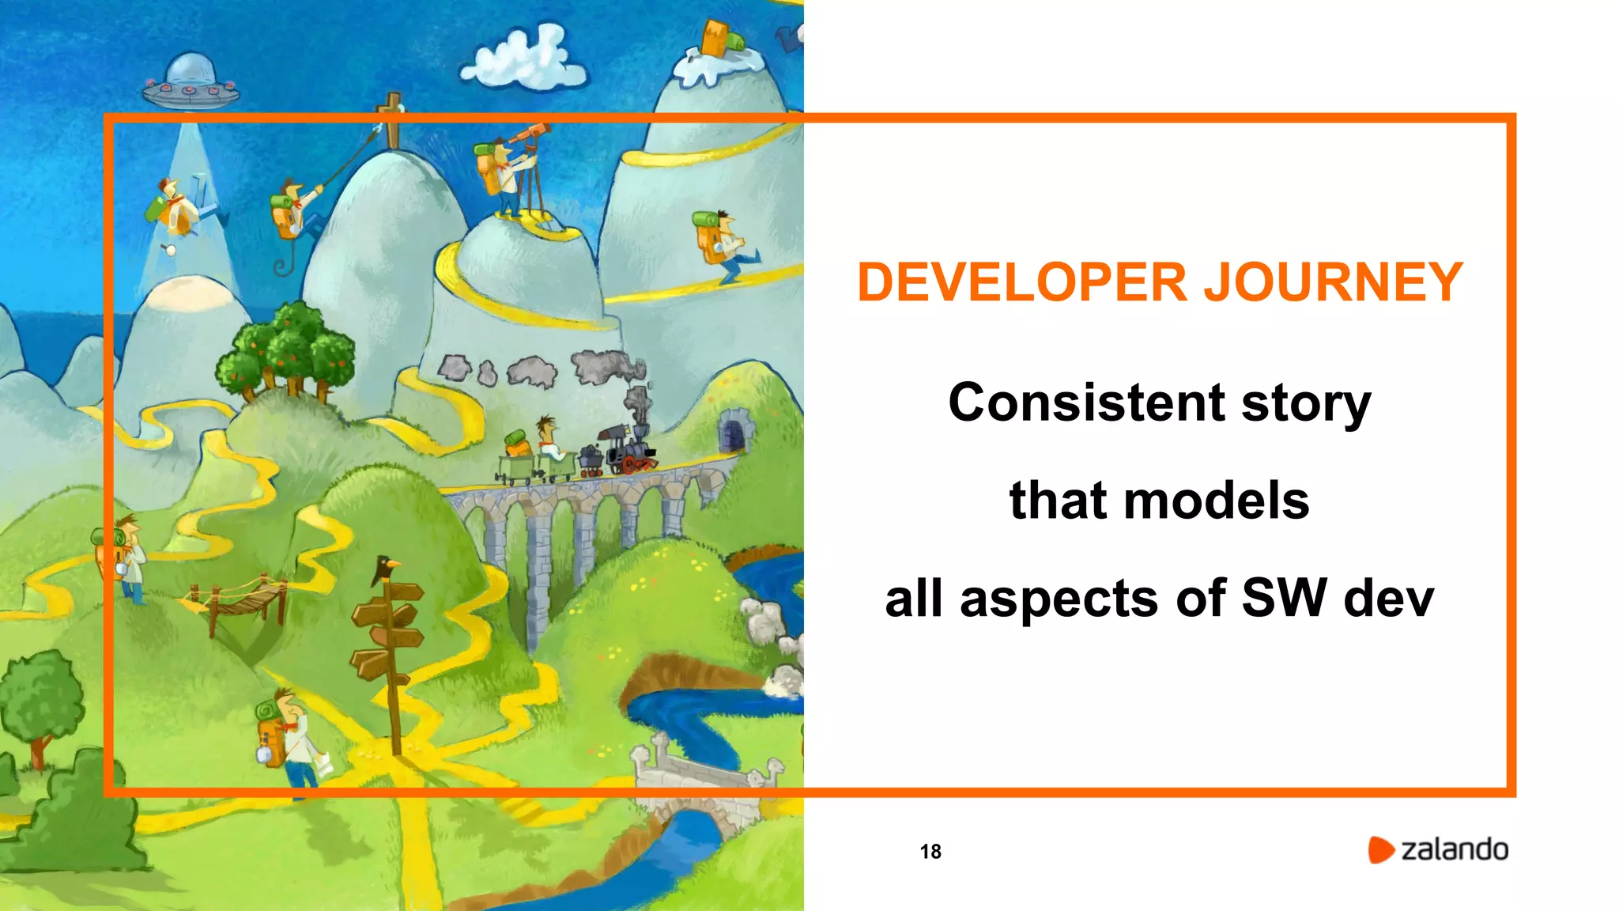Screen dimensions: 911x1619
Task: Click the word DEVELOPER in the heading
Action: [x=1022, y=282]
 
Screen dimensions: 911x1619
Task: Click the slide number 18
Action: [x=930, y=852]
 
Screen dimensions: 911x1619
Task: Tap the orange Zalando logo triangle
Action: [x=1380, y=849]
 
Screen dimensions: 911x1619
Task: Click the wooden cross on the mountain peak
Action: [x=391, y=119]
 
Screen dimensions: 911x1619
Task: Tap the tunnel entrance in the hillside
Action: [x=733, y=433]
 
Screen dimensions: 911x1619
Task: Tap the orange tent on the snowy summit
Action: [x=716, y=38]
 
